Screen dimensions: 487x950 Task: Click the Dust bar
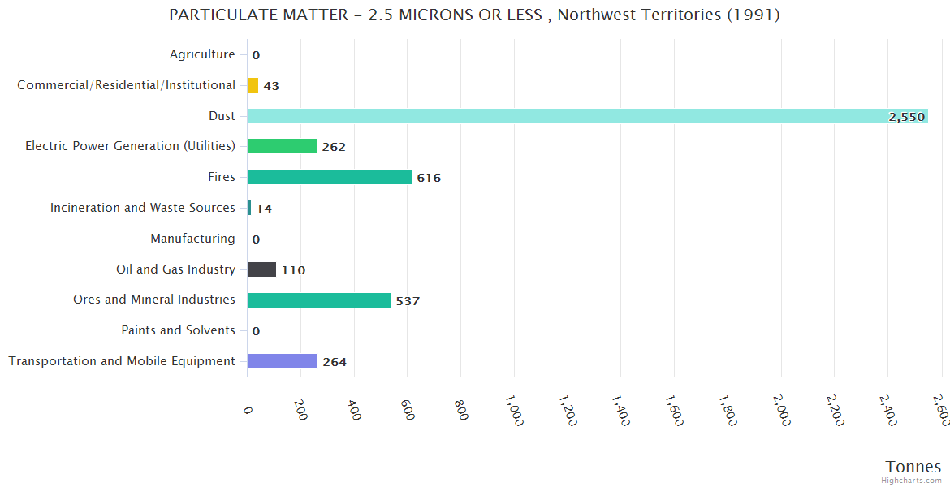coord(587,116)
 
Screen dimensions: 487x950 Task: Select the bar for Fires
coord(329,177)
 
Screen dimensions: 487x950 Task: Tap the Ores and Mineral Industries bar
coord(318,300)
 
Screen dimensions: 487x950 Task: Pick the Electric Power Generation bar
coord(282,146)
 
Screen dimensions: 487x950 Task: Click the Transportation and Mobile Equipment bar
coord(282,361)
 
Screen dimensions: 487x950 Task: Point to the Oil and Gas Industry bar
coord(261,269)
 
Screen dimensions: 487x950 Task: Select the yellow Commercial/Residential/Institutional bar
coord(253,85)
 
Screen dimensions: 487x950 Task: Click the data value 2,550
coord(906,117)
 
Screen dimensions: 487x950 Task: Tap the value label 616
coord(429,178)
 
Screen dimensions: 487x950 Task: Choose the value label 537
coord(408,301)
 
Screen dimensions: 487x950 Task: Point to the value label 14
coord(264,209)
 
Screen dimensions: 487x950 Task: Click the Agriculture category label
coord(202,54)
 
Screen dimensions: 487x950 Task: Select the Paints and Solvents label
coord(178,330)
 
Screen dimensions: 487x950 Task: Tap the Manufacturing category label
coord(192,239)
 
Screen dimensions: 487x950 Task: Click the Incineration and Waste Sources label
coord(142,208)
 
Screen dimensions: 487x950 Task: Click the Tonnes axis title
coord(913,467)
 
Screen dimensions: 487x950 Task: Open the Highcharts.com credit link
coord(913,481)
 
